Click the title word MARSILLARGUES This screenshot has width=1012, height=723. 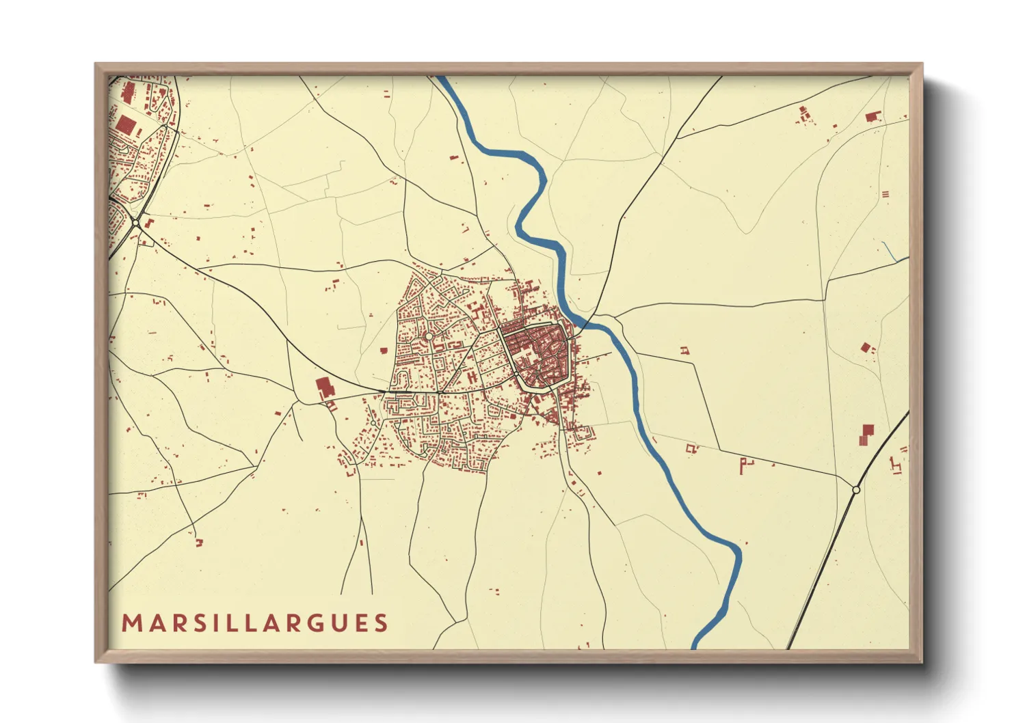pos(255,623)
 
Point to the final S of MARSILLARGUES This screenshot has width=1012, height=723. pos(382,623)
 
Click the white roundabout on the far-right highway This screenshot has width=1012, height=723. pos(856,489)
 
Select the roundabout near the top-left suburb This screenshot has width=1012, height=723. pos(137,223)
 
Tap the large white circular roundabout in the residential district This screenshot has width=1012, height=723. pos(429,336)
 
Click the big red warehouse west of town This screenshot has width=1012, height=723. pos(323,388)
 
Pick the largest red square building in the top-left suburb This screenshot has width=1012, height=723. pos(126,124)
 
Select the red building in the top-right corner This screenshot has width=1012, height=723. pos(871,116)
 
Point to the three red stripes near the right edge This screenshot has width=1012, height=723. pos(886,193)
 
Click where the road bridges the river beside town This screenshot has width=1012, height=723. pos(587,321)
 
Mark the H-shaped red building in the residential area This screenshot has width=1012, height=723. pos(472,377)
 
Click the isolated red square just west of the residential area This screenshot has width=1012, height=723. pos(383,351)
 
